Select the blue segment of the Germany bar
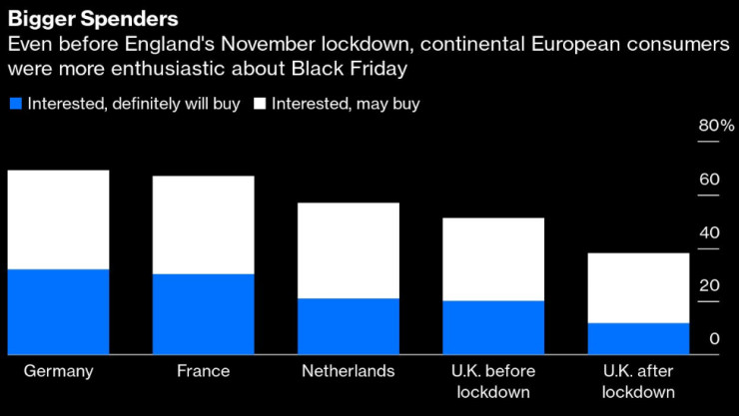pyautogui.click(x=58, y=311)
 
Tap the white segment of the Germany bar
pyautogui.click(x=58, y=219)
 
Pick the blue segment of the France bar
pyautogui.click(x=203, y=313)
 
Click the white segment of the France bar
pyautogui.click(x=203, y=224)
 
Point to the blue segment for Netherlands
pyautogui.click(x=349, y=325)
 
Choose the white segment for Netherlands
pyautogui.click(x=349, y=250)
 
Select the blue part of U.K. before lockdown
pyautogui.click(x=493, y=327)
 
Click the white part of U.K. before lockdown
pyautogui.click(x=493, y=259)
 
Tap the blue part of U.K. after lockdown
pyautogui.click(x=638, y=338)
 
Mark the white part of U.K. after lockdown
pyautogui.click(x=638, y=288)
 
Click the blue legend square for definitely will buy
pyautogui.click(x=15, y=104)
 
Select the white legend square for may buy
pyautogui.click(x=261, y=104)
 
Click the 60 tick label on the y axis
pyautogui.click(x=710, y=180)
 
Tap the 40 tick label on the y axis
pyautogui.click(x=710, y=232)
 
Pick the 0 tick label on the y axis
pyautogui.click(x=715, y=339)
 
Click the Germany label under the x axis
pyautogui.click(x=58, y=371)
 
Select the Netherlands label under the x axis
pyautogui.click(x=349, y=371)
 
